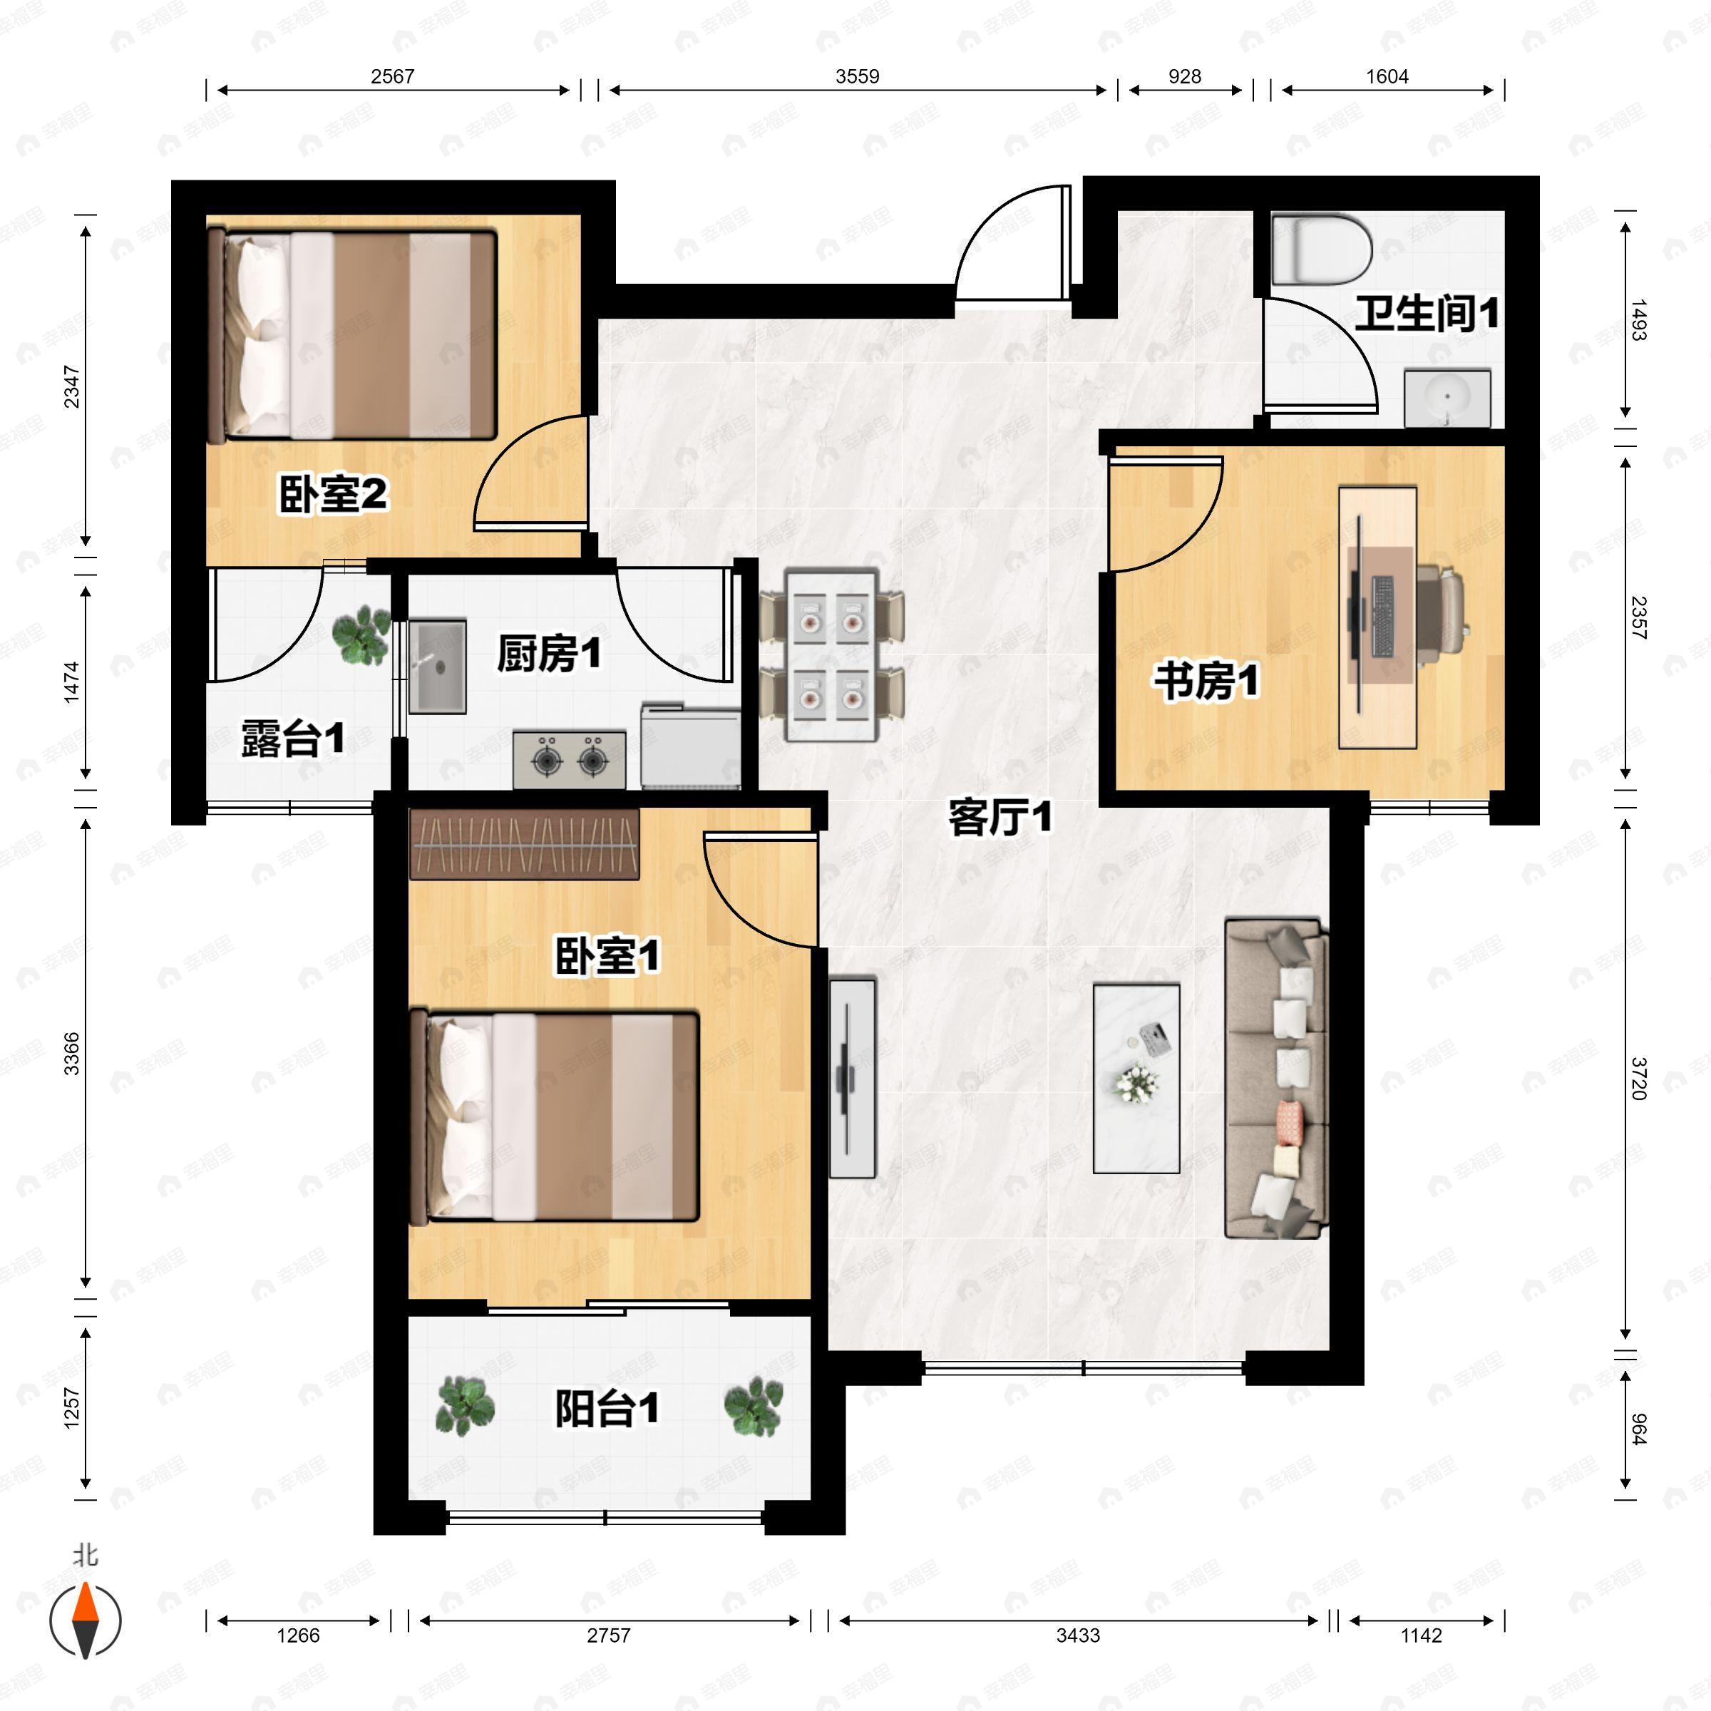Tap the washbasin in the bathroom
(x=1447, y=399)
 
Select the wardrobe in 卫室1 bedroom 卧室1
(x=524, y=844)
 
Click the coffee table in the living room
(x=1136, y=1079)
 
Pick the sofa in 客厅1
(x=1276, y=1078)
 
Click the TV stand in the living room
(x=852, y=1078)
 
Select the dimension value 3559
(x=857, y=76)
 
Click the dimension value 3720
(x=1638, y=1078)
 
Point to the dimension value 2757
(x=608, y=1635)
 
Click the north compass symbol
(x=85, y=1620)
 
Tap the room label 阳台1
(x=607, y=1408)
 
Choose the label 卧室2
(x=333, y=494)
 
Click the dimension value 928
(x=1185, y=76)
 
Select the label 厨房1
(x=549, y=654)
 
